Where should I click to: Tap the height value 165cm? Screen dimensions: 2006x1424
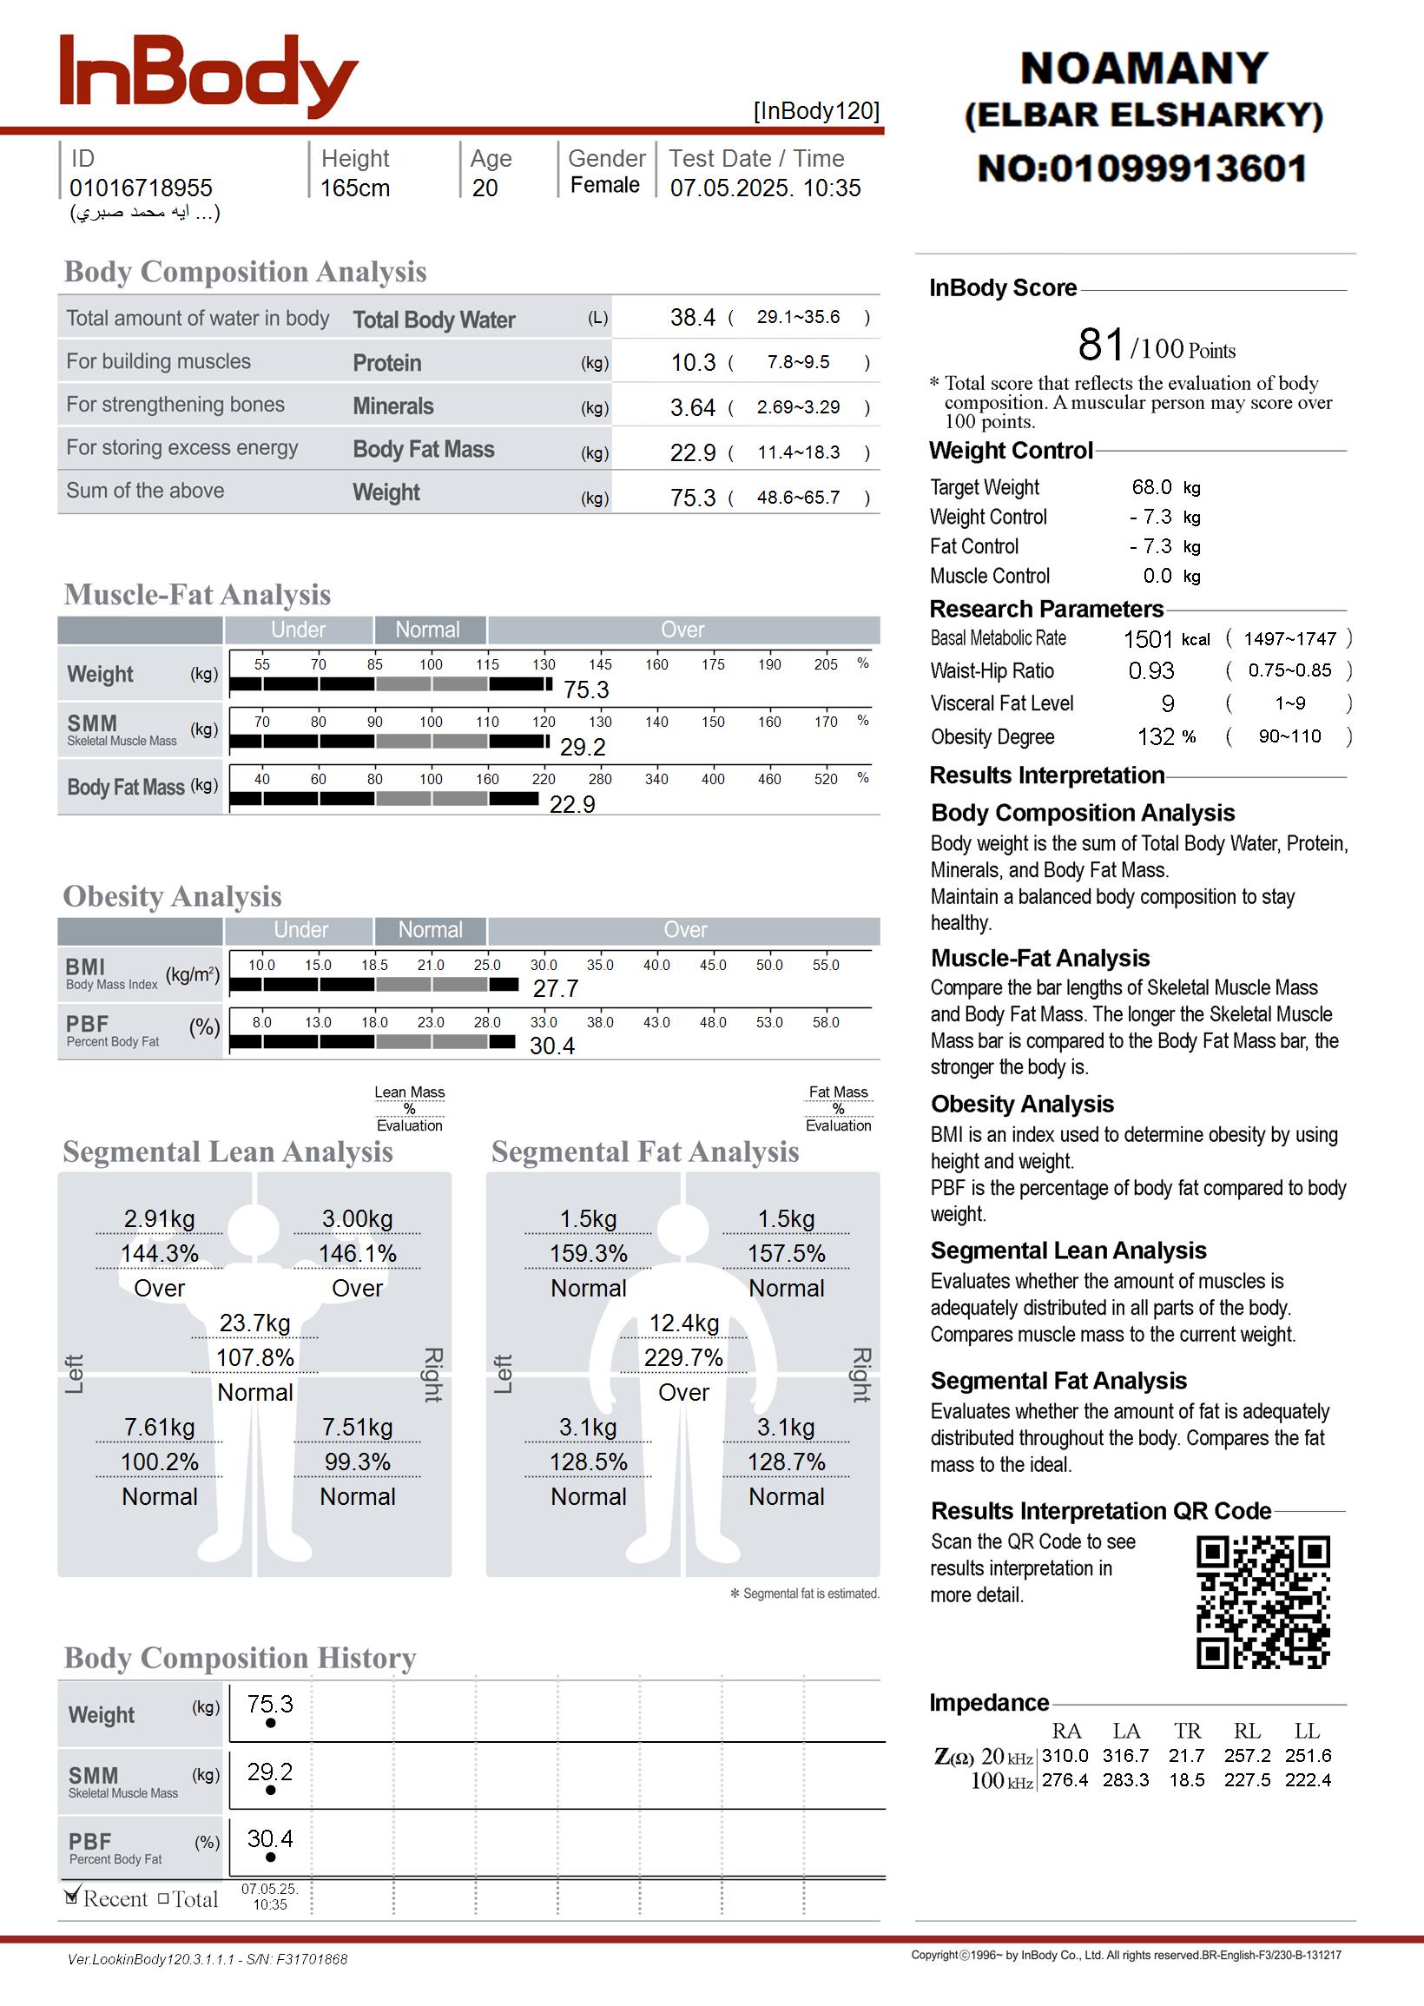coord(354,188)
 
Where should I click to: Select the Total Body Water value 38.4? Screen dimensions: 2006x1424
coord(692,317)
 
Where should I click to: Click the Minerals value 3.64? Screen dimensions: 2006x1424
coord(692,407)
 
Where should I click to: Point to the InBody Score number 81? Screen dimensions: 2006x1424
coord(1100,345)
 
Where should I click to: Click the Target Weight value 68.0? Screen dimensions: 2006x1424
coord(1151,486)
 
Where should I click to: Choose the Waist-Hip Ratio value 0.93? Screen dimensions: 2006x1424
coord(1150,670)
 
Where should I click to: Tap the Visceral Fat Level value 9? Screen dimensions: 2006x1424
coord(1167,703)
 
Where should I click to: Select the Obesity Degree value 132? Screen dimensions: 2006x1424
coord(1156,736)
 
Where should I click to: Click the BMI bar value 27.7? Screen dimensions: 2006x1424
coord(555,988)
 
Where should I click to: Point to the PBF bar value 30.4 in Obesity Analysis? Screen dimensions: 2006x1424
coord(551,1045)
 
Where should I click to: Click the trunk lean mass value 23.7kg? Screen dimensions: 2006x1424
coord(254,1322)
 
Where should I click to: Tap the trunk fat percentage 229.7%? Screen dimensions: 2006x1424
coord(683,1357)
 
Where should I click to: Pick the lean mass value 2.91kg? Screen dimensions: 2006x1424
coord(159,1218)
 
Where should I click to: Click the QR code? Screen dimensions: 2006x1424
coord(1262,1602)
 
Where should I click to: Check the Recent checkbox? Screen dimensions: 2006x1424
coord(73,1897)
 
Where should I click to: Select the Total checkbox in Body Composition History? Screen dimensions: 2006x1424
coord(163,1898)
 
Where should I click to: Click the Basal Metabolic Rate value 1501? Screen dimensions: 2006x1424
coord(1147,639)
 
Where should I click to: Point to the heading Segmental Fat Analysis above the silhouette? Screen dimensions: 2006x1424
coord(644,1151)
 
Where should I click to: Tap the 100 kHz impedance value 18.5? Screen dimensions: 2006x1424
coord(1186,1780)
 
